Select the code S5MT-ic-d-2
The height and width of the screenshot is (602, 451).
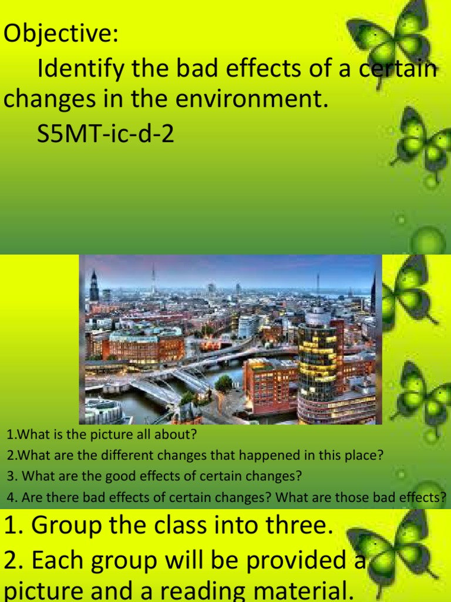point(106,136)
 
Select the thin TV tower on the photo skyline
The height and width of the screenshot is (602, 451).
point(153,279)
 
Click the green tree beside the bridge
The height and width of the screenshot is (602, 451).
point(224,383)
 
